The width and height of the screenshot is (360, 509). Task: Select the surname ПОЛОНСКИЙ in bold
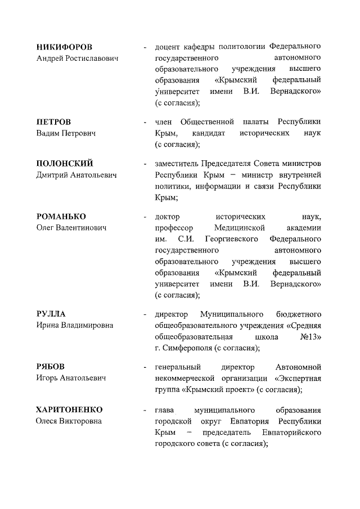(x=64, y=164)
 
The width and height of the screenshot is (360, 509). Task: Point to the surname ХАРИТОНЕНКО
(x=70, y=409)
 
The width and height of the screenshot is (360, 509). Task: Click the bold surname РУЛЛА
(x=51, y=313)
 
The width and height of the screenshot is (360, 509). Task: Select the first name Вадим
(x=48, y=133)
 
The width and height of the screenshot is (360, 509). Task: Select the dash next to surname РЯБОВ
(x=145, y=366)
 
